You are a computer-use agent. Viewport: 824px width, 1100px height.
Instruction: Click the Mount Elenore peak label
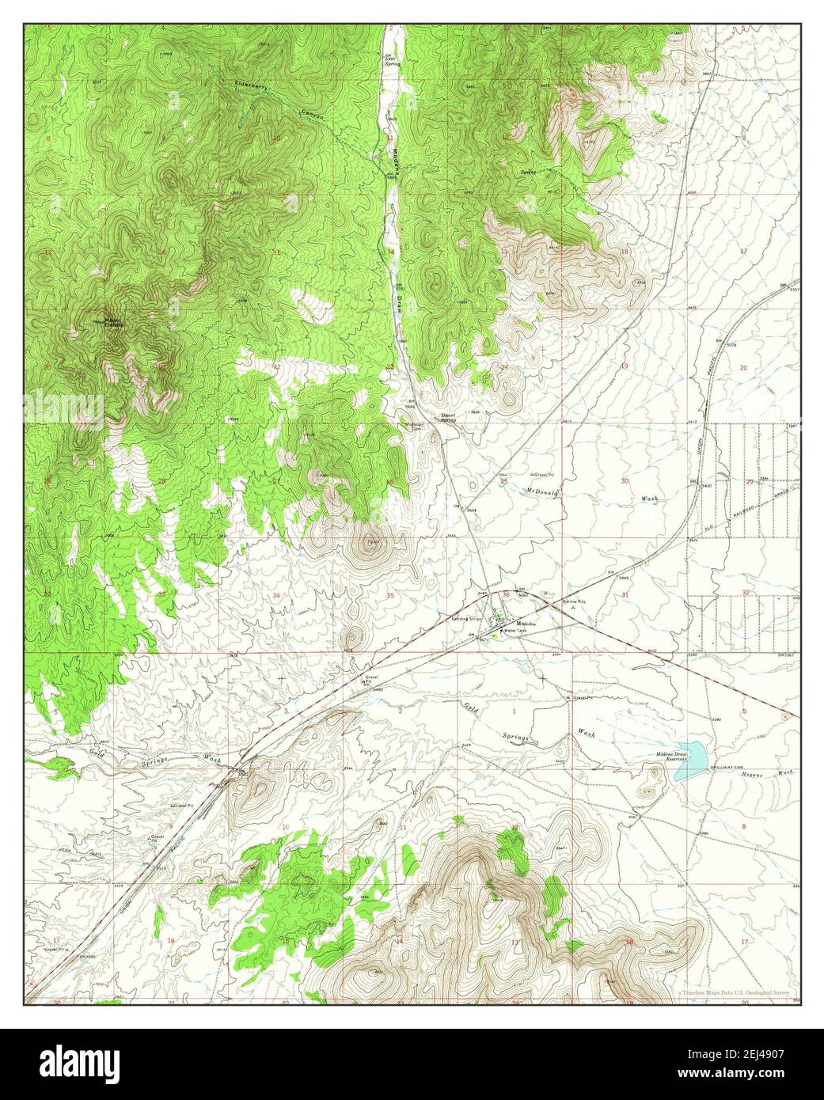[x=110, y=322]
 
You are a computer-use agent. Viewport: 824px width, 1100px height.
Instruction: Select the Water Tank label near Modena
[x=515, y=631]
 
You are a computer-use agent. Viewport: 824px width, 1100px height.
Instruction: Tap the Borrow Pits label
[x=573, y=602]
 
